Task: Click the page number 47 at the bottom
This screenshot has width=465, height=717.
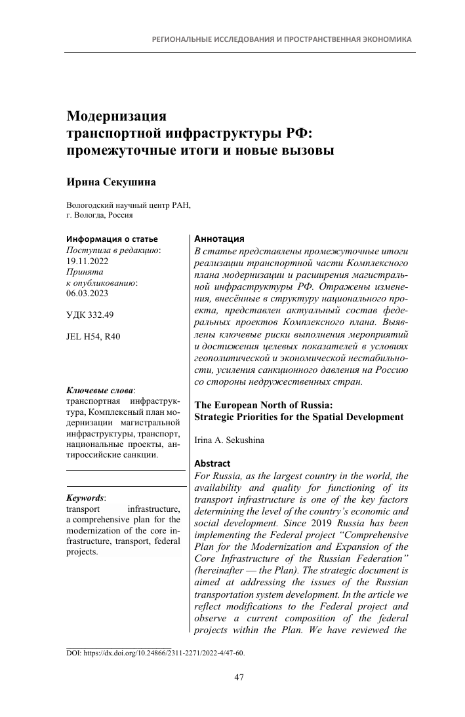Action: (x=239, y=678)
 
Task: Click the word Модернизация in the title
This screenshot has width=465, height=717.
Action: (x=117, y=117)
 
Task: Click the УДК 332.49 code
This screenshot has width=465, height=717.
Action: (x=91, y=315)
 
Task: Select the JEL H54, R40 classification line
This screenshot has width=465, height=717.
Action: (x=93, y=337)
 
